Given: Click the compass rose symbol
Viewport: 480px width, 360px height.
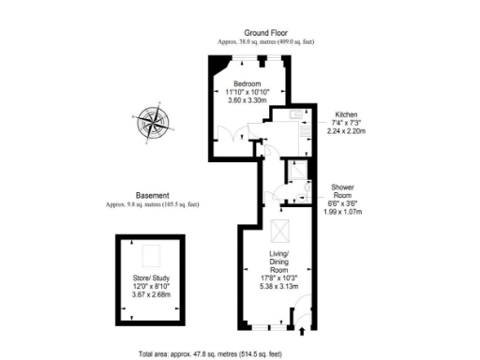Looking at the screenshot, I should (152, 122).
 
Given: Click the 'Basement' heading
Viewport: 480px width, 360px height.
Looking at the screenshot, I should (153, 195).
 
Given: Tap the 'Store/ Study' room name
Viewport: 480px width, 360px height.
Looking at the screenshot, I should (150, 278).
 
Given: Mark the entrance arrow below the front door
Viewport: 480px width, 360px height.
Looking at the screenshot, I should (302, 330).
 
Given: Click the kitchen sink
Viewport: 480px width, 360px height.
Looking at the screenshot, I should (295, 113).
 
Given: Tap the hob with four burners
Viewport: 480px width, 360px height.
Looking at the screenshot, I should (299, 140).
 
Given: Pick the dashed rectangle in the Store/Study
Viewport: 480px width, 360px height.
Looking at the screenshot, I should (150, 255).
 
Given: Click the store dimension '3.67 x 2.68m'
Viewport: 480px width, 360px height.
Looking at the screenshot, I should (150, 295).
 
